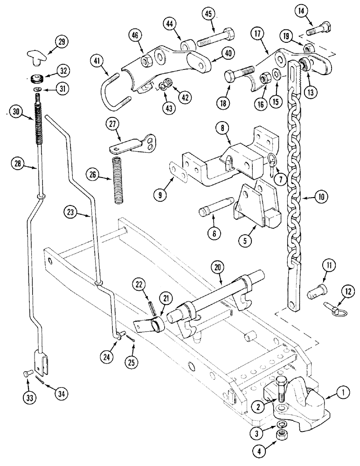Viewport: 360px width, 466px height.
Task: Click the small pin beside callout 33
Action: pos(27,373)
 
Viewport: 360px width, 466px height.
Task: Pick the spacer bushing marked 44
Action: pos(188,46)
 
